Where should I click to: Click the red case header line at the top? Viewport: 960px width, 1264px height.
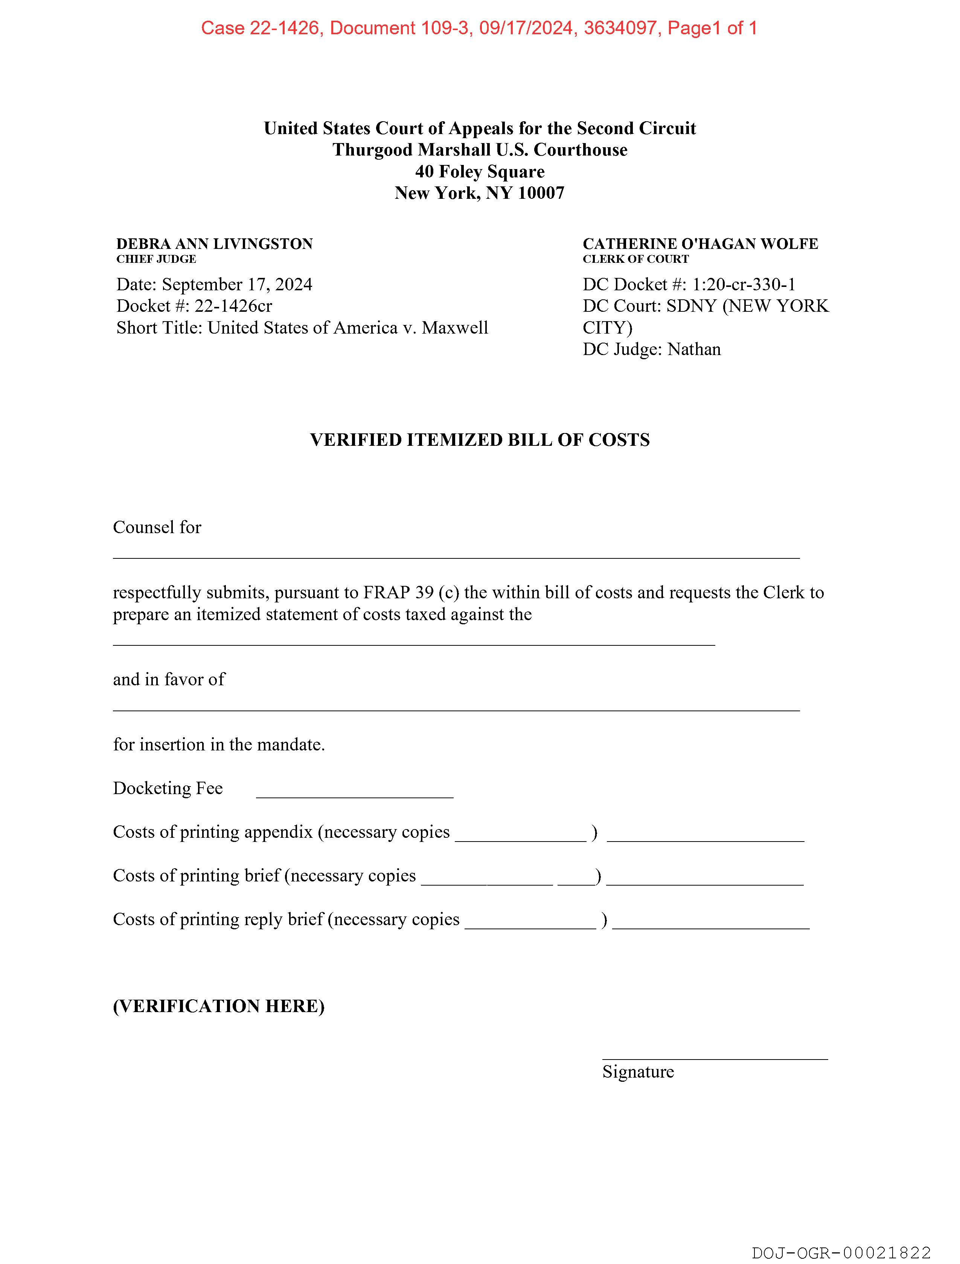(479, 28)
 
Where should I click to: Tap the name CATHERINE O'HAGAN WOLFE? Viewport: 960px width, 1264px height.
(700, 244)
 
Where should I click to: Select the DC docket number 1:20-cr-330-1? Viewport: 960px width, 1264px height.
(744, 285)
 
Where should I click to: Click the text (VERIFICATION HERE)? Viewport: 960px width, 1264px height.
(219, 1006)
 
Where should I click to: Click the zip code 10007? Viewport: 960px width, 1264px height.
(541, 193)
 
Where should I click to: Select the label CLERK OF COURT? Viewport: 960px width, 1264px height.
(635, 259)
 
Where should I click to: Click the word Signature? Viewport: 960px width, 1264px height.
(638, 1072)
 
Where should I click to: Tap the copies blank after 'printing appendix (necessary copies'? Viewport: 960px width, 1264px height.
(521, 839)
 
